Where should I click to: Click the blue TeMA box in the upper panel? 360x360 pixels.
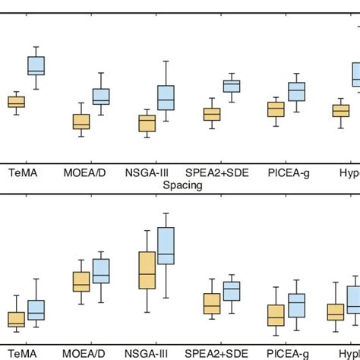coord(36,65)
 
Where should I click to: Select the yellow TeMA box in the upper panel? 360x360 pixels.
coord(16,102)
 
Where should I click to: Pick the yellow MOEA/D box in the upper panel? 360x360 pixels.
coord(81,122)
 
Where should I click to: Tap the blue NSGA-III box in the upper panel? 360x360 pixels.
coord(166,98)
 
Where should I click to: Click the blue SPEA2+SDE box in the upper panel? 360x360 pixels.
coord(232,85)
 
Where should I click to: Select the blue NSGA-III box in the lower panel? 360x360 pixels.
coord(166,246)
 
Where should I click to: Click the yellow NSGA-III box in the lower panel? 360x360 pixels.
coord(147,270)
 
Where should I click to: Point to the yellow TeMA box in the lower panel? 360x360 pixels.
coord(16,320)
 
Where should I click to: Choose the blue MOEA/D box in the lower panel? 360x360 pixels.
coord(100,271)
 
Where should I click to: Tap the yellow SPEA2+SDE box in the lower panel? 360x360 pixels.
coord(212,303)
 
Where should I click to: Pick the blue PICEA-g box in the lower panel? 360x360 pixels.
coord(296,305)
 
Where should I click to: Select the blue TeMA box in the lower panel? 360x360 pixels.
coord(36,310)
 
